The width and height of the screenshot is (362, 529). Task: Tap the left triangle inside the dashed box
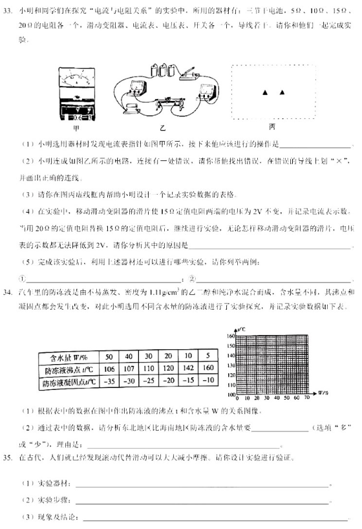pyautogui.click(x=264, y=94)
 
